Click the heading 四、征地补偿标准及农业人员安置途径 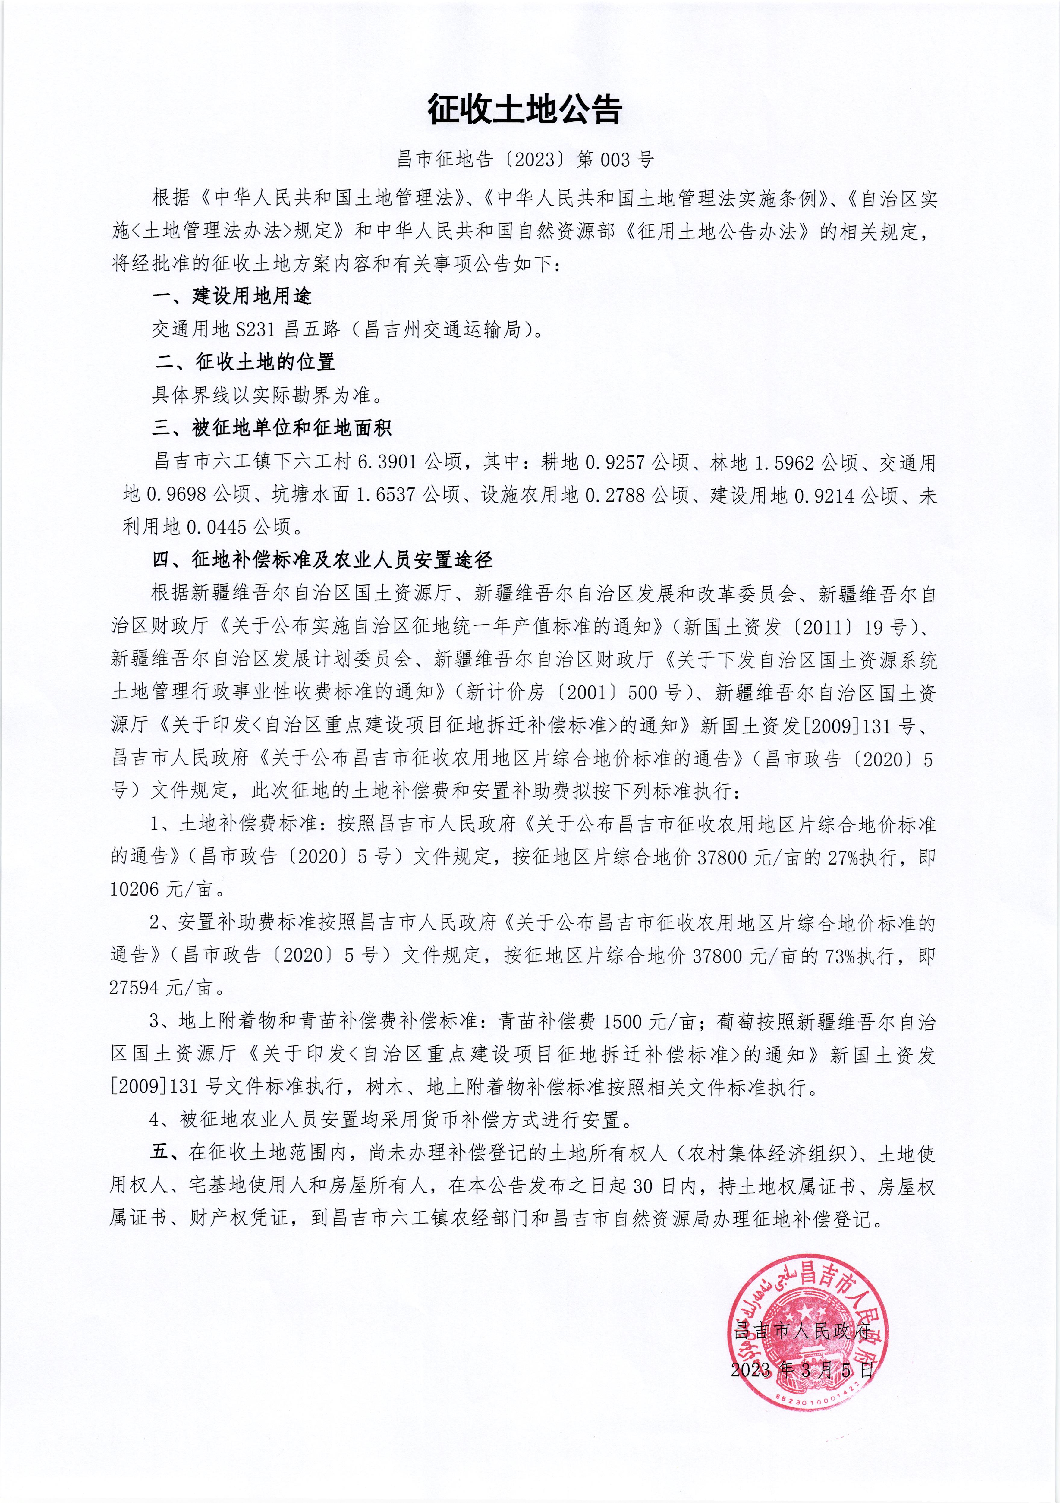point(322,560)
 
